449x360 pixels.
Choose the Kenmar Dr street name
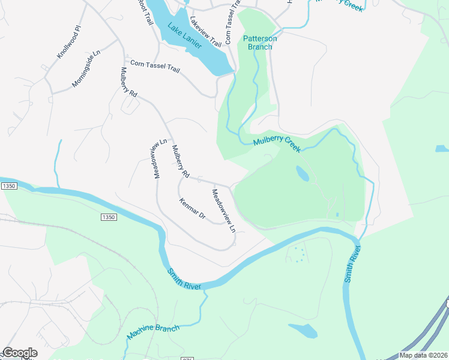click(192, 208)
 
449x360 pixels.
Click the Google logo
click(19, 353)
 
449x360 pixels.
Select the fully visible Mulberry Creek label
click(276, 144)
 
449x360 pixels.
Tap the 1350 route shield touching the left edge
click(8, 187)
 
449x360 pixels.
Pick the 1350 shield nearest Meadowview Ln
click(108, 217)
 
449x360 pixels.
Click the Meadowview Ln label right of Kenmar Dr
click(223, 211)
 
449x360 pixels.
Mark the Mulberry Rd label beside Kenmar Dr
click(180, 162)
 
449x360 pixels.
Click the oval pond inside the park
click(303, 174)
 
